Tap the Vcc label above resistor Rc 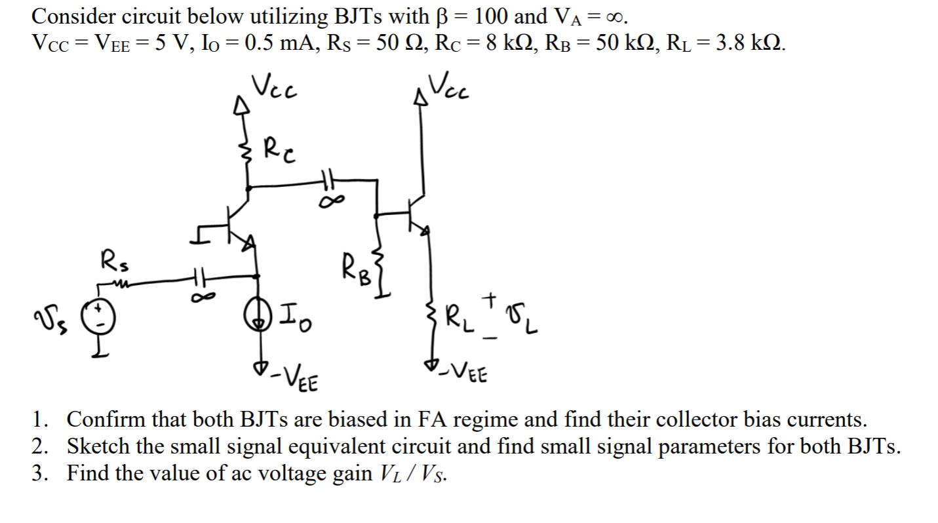pos(275,85)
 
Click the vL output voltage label pos(525,321)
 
